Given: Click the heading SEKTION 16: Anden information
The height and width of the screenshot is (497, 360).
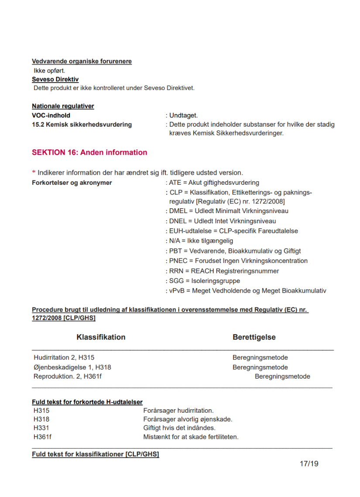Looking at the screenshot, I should (89, 152).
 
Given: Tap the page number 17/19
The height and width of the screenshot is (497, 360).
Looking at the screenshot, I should (309, 463).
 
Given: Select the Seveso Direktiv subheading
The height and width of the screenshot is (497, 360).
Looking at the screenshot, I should (55, 79).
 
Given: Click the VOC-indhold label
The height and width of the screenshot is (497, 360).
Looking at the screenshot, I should (51, 115).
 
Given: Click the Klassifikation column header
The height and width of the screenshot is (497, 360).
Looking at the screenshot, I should (101, 337).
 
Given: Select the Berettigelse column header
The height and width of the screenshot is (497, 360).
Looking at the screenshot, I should (254, 337).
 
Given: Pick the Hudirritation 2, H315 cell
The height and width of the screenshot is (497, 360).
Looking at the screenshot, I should (64, 358).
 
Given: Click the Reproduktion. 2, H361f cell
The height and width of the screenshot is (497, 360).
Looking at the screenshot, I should (67, 376).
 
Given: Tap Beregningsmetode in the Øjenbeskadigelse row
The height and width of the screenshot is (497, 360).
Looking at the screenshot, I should (260, 367).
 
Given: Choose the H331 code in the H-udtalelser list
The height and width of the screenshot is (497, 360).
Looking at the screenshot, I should (41, 428).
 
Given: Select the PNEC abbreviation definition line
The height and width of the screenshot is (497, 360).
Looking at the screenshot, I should (238, 261).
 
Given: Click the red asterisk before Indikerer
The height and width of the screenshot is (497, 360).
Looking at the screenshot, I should (34, 173).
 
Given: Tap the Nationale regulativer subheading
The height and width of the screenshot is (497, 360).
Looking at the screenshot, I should (63, 106).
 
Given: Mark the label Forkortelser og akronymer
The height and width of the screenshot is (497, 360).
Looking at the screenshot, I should (72, 183).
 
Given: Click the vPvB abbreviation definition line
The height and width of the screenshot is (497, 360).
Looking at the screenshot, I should (247, 291).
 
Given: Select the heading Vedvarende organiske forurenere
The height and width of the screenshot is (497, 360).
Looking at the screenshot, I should (82, 62).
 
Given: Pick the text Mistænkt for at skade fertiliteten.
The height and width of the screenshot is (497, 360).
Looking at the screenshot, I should (191, 437).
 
